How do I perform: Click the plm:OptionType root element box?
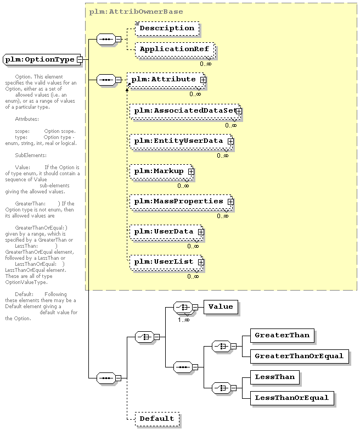(x=39, y=59)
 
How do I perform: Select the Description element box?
(x=167, y=28)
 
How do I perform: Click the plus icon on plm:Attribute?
(x=203, y=80)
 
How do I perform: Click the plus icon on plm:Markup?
(x=191, y=172)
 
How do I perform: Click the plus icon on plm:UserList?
(x=201, y=262)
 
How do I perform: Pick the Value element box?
(x=221, y=307)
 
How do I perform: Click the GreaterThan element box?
(x=282, y=335)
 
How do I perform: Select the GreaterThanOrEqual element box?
(x=299, y=355)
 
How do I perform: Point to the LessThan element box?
(x=275, y=376)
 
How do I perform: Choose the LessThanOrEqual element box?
(x=291, y=397)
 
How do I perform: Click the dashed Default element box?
(x=156, y=419)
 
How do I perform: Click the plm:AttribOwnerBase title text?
(x=136, y=11)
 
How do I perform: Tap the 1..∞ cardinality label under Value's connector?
(x=183, y=319)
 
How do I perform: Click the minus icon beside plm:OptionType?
(x=80, y=59)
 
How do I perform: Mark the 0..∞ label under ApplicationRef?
(x=205, y=64)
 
